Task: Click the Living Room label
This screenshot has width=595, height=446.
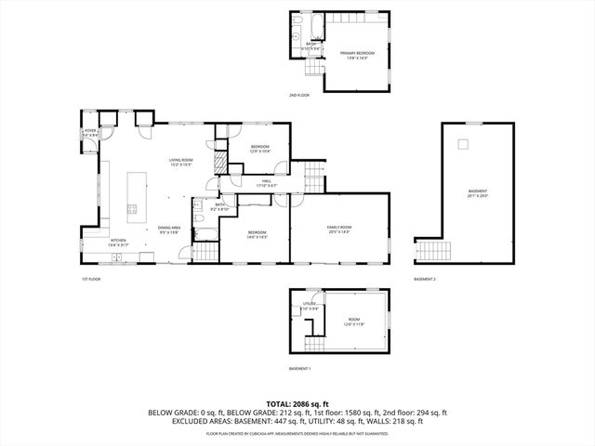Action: [x=180, y=162]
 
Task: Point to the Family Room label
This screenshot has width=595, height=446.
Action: [x=338, y=230]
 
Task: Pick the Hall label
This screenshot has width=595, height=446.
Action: [x=266, y=182]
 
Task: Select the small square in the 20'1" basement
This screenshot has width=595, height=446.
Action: [x=462, y=143]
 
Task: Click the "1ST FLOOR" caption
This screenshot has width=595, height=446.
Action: [x=90, y=279]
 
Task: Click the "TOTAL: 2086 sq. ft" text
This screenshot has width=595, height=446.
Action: [x=297, y=403]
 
